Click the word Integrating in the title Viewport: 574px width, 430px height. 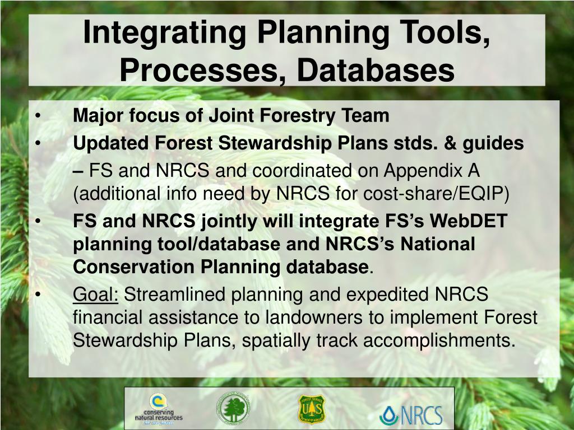tap(164, 33)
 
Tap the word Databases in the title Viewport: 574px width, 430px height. tap(376, 69)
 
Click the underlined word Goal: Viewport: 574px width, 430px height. tap(95, 295)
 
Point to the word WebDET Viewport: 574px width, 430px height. tap(468, 221)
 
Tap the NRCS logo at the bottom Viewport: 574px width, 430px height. tap(411, 415)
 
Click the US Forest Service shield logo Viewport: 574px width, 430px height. tap(312, 409)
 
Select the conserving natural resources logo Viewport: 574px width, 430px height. tap(159, 409)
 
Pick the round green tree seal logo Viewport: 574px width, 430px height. tap(233, 408)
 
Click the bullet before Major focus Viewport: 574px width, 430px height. tap(38, 116)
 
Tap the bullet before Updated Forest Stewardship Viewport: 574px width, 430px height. tap(38, 144)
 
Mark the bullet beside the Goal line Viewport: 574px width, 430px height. tap(38, 295)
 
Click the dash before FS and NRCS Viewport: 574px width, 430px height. tap(78, 171)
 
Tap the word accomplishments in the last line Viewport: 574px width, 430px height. tap(439, 340)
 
